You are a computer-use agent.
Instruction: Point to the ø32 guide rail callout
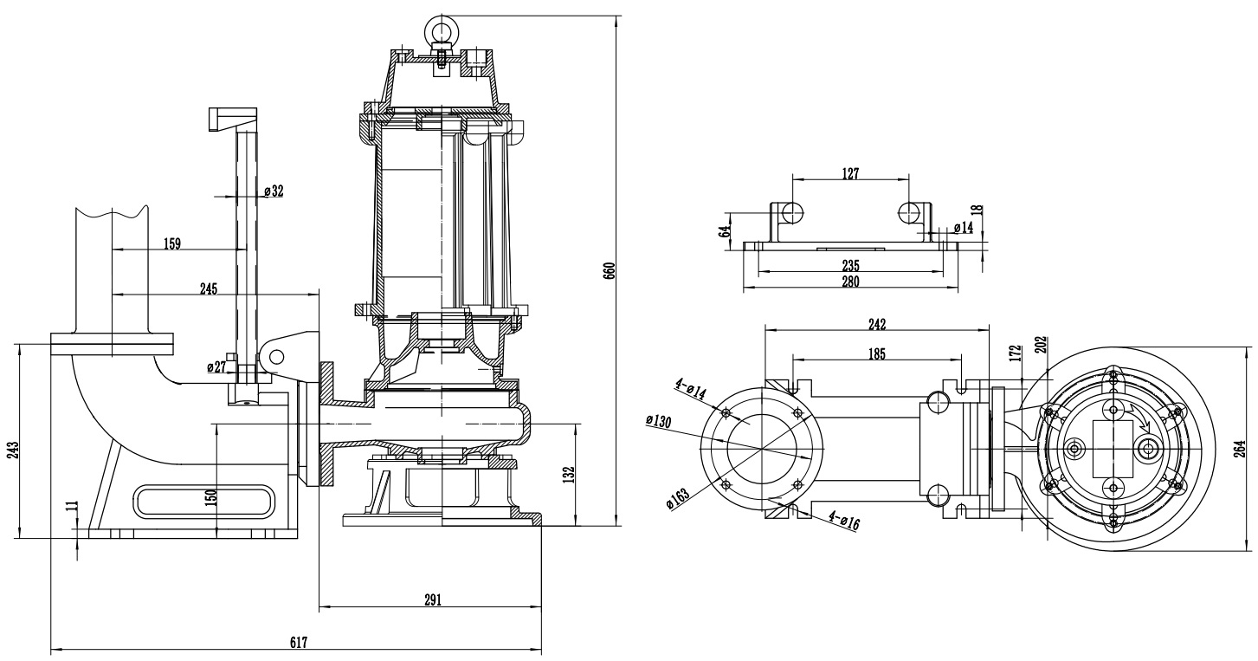(273, 191)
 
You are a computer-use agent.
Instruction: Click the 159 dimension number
(171, 244)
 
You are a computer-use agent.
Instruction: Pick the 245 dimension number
(208, 288)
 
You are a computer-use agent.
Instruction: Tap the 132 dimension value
(569, 475)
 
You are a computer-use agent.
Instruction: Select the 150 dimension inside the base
(210, 497)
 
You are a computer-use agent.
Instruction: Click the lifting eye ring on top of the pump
(441, 31)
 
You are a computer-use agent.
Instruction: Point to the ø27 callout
(216, 367)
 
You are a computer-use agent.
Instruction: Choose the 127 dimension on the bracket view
(850, 173)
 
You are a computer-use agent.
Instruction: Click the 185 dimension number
(875, 353)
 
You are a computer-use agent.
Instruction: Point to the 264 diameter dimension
(1240, 448)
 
